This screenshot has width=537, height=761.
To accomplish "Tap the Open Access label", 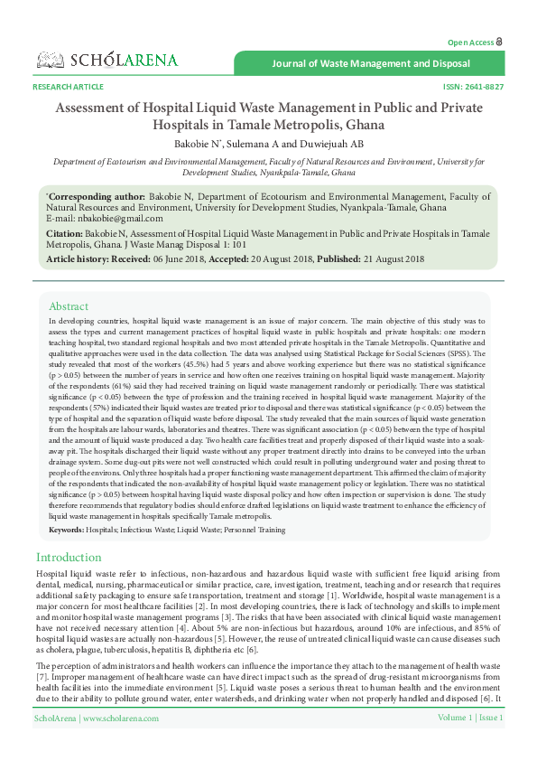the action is tap(471, 42).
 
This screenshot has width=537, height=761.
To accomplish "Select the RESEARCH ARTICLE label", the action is tap(68, 87).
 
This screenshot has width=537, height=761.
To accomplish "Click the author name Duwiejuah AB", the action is tap(334, 143).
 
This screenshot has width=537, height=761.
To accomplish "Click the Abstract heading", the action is tap(69, 306).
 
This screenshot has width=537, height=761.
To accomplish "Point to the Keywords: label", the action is tap(68, 529).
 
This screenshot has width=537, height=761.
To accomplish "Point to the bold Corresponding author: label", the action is tap(97, 195).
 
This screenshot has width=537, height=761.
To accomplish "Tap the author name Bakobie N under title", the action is tap(199, 143).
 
